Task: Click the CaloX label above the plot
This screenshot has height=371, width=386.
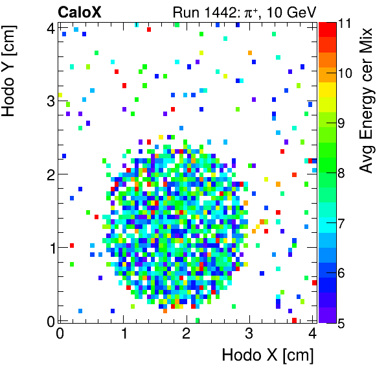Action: click(x=80, y=12)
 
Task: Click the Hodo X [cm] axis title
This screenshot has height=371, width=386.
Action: click(x=267, y=355)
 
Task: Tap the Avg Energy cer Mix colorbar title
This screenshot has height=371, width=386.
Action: click(x=367, y=100)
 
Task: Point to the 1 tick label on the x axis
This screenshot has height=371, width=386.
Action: click(x=123, y=333)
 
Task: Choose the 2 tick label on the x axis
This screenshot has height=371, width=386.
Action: click(x=186, y=333)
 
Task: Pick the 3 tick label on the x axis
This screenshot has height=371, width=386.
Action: click(x=249, y=333)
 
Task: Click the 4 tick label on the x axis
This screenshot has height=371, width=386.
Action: click(x=312, y=333)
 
